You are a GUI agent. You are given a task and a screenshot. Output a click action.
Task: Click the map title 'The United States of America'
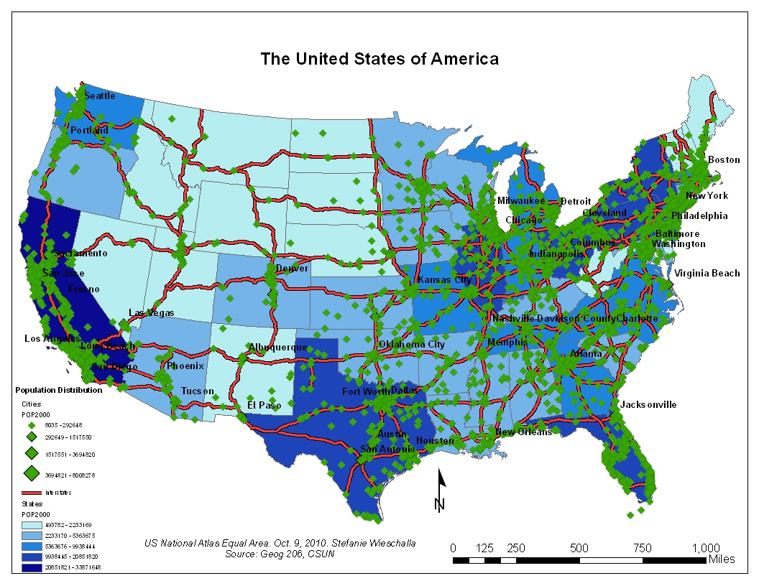379,59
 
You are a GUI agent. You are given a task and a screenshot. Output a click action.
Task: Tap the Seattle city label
99,96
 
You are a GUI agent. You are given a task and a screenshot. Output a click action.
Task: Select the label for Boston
723,159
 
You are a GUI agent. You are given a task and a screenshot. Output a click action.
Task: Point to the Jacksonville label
648,404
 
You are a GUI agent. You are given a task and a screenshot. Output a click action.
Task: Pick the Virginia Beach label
707,273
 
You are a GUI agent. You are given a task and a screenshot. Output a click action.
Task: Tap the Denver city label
292,269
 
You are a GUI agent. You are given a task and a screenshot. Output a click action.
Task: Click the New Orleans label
523,432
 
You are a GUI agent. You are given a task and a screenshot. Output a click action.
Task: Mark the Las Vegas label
151,313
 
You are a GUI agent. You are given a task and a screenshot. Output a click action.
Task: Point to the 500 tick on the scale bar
579,548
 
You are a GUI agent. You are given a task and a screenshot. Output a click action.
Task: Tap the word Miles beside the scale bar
721,559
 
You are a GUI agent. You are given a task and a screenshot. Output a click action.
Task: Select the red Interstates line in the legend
31,493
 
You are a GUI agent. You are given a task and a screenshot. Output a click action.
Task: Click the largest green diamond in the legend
32,474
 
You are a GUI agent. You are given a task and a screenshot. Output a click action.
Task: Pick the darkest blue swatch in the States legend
31,567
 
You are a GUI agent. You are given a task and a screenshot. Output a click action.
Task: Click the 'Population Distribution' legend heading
58,390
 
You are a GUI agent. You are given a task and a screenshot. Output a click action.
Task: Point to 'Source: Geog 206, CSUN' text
280,554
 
